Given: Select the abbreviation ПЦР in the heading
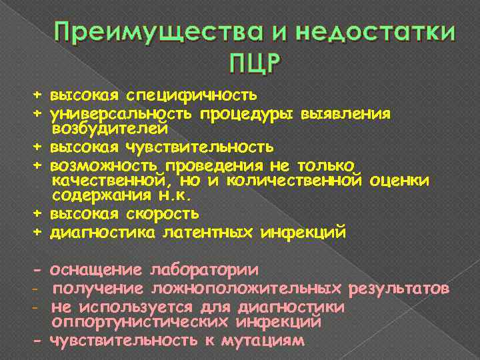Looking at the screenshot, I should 255,65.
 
